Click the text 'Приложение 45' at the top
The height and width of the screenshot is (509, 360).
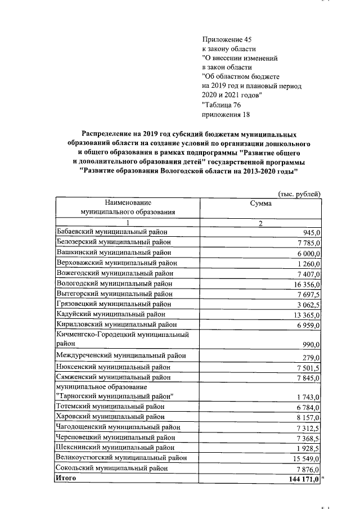226,39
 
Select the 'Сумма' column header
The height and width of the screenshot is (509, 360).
260,204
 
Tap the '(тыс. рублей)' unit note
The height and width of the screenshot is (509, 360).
299,193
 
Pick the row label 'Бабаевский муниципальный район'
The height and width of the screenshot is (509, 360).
112,232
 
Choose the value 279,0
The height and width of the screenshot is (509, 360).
311,358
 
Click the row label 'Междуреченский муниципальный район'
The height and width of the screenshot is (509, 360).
121,356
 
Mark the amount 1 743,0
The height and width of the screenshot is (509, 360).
308,398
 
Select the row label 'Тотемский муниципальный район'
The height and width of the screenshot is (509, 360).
110,407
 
